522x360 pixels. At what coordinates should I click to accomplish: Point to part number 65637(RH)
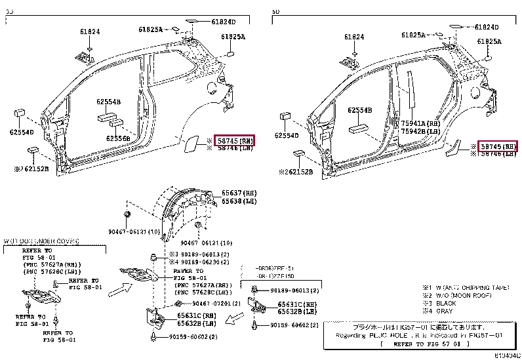[x=238, y=192]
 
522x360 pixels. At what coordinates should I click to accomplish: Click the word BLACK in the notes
[x=445, y=304]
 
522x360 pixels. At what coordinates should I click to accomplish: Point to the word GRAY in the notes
[x=443, y=311]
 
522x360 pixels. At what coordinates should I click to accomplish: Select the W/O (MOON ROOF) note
[x=460, y=296]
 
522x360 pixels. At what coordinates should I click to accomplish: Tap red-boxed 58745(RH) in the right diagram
[x=498, y=146]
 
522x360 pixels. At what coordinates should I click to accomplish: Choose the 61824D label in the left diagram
[x=224, y=21]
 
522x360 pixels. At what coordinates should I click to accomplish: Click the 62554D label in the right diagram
[x=287, y=136]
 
